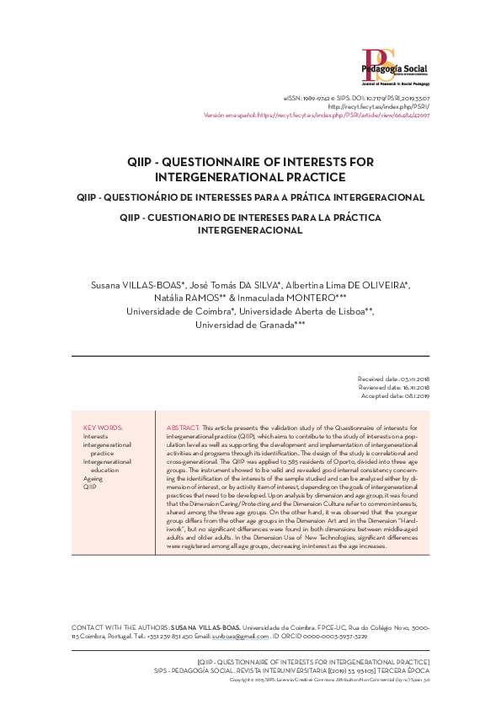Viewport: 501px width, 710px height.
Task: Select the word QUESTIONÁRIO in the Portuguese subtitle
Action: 161,197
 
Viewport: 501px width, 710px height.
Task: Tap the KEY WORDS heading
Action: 103,428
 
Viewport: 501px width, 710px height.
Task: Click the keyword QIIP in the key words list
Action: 89,487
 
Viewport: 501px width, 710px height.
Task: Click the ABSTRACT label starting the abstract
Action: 183,428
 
